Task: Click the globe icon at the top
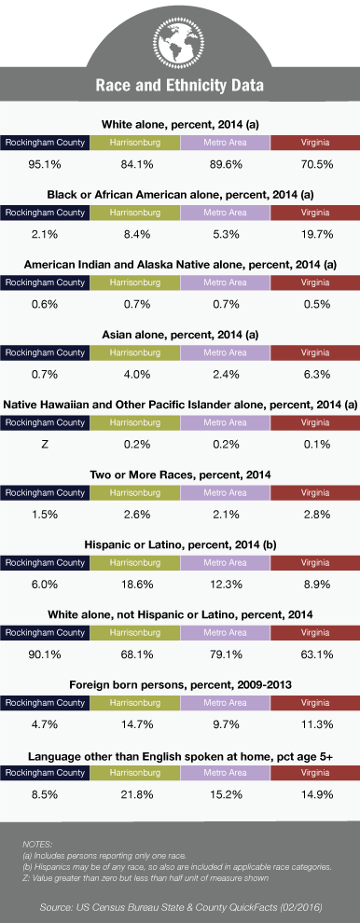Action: click(179, 40)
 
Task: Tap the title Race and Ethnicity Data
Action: click(180, 86)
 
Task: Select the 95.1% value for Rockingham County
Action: click(45, 164)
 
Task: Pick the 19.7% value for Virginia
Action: click(314, 234)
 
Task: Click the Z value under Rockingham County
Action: click(45, 445)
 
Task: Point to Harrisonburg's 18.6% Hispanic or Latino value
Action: click(135, 585)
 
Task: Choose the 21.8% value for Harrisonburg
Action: click(135, 794)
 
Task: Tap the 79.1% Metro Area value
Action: click(225, 654)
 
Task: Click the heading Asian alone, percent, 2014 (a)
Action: click(180, 335)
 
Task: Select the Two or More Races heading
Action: click(180, 475)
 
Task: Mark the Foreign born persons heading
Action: click(180, 685)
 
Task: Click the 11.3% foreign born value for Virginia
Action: click(314, 724)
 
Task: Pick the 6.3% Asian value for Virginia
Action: click(314, 375)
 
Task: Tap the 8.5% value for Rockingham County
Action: click(45, 794)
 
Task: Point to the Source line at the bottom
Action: click(181, 907)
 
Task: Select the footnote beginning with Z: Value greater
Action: click(145, 878)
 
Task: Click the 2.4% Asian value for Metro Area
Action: click(225, 375)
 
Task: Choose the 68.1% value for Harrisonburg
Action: click(135, 654)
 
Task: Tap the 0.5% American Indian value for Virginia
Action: click(314, 304)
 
